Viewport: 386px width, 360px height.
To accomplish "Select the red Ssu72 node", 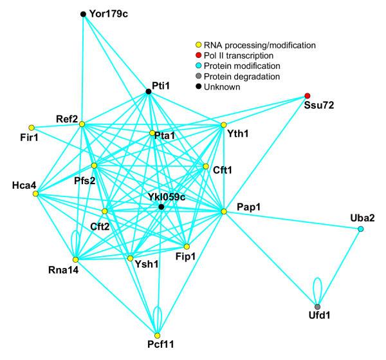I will pyautogui.click(x=308, y=97).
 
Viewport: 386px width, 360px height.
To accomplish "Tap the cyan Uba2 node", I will pyautogui.click(x=360, y=229).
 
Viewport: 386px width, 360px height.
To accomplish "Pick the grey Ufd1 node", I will pyautogui.click(x=317, y=307).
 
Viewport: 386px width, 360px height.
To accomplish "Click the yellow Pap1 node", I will pyautogui.click(x=224, y=211).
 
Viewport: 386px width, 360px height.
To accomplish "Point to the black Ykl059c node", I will pyautogui.click(x=161, y=207).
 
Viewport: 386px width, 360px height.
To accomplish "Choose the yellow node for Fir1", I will pyautogui.click(x=31, y=128).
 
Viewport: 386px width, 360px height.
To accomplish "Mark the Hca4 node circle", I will pyautogui.click(x=35, y=193).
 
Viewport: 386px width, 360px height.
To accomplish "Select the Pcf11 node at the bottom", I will pyautogui.click(x=157, y=335).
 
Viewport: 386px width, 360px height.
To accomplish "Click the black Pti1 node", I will pyautogui.click(x=149, y=92).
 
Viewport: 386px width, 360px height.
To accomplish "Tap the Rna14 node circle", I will pyautogui.click(x=75, y=259).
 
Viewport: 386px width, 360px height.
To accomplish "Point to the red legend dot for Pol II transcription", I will pyautogui.click(x=199, y=56).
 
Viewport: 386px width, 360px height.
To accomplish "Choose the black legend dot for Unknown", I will pyautogui.click(x=199, y=87).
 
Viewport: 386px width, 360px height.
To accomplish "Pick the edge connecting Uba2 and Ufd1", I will pyautogui.click(x=339, y=268).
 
